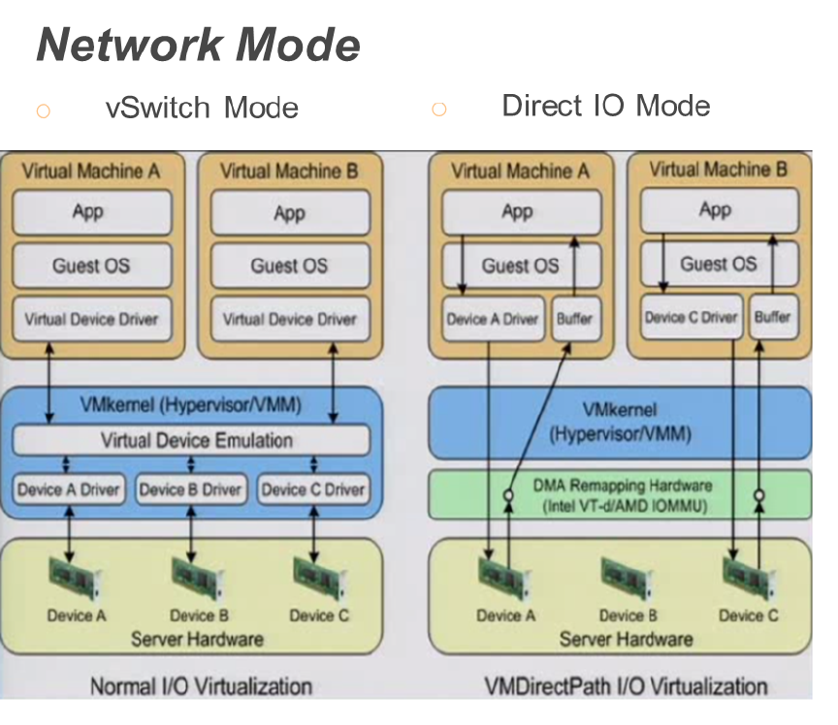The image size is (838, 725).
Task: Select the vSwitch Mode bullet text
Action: pyautogui.click(x=202, y=108)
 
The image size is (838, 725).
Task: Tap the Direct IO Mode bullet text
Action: pyautogui.click(x=605, y=106)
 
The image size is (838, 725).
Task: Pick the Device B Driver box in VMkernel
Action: pyautogui.click(x=190, y=489)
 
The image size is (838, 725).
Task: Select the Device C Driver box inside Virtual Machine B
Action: pyautogui.click(x=691, y=316)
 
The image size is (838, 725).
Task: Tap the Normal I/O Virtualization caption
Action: pyautogui.click(x=201, y=687)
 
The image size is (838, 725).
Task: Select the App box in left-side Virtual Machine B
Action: pyautogui.click(x=289, y=213)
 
